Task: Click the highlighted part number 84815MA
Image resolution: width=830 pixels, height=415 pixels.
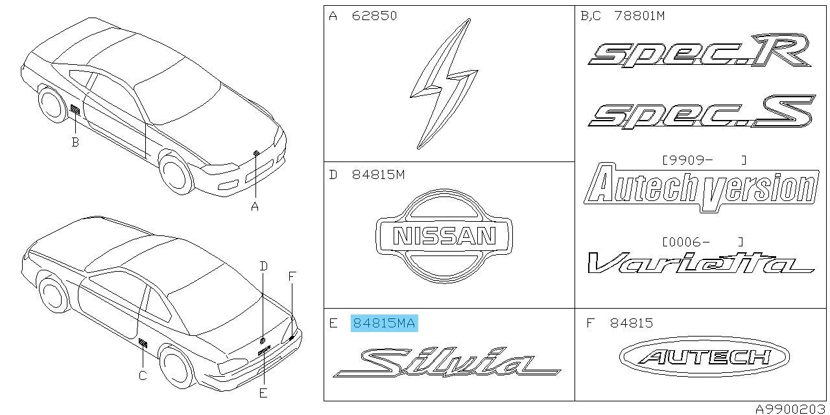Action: [x=384, y=323]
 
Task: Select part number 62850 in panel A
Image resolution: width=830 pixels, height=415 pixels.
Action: [x=374, y=16]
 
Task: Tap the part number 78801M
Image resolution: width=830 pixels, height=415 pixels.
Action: [x=639, y=16]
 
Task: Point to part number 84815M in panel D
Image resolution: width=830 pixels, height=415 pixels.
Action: [x=378, y=174]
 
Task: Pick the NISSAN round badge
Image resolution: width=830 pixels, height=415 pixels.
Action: [x=444, y=236]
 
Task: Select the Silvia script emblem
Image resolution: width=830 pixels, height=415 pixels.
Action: [x=447, y=363]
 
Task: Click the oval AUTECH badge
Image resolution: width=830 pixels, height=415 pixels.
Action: [x=704, y=357]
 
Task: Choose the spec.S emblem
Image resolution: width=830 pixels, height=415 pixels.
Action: [x=701, y=112]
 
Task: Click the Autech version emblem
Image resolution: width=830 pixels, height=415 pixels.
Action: [x=702, y=188]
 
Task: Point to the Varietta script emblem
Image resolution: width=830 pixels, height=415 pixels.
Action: [x=700, y=263]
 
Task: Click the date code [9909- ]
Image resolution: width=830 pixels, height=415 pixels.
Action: [x=704, y=160]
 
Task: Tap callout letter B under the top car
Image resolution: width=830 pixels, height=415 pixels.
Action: [x=75, y=142]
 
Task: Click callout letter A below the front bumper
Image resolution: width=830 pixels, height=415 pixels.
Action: [x=255, y=206]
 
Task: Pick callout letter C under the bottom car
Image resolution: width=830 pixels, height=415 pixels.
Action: [x=143, y=375]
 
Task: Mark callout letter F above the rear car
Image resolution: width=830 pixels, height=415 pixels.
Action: [x=292, y=276]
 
